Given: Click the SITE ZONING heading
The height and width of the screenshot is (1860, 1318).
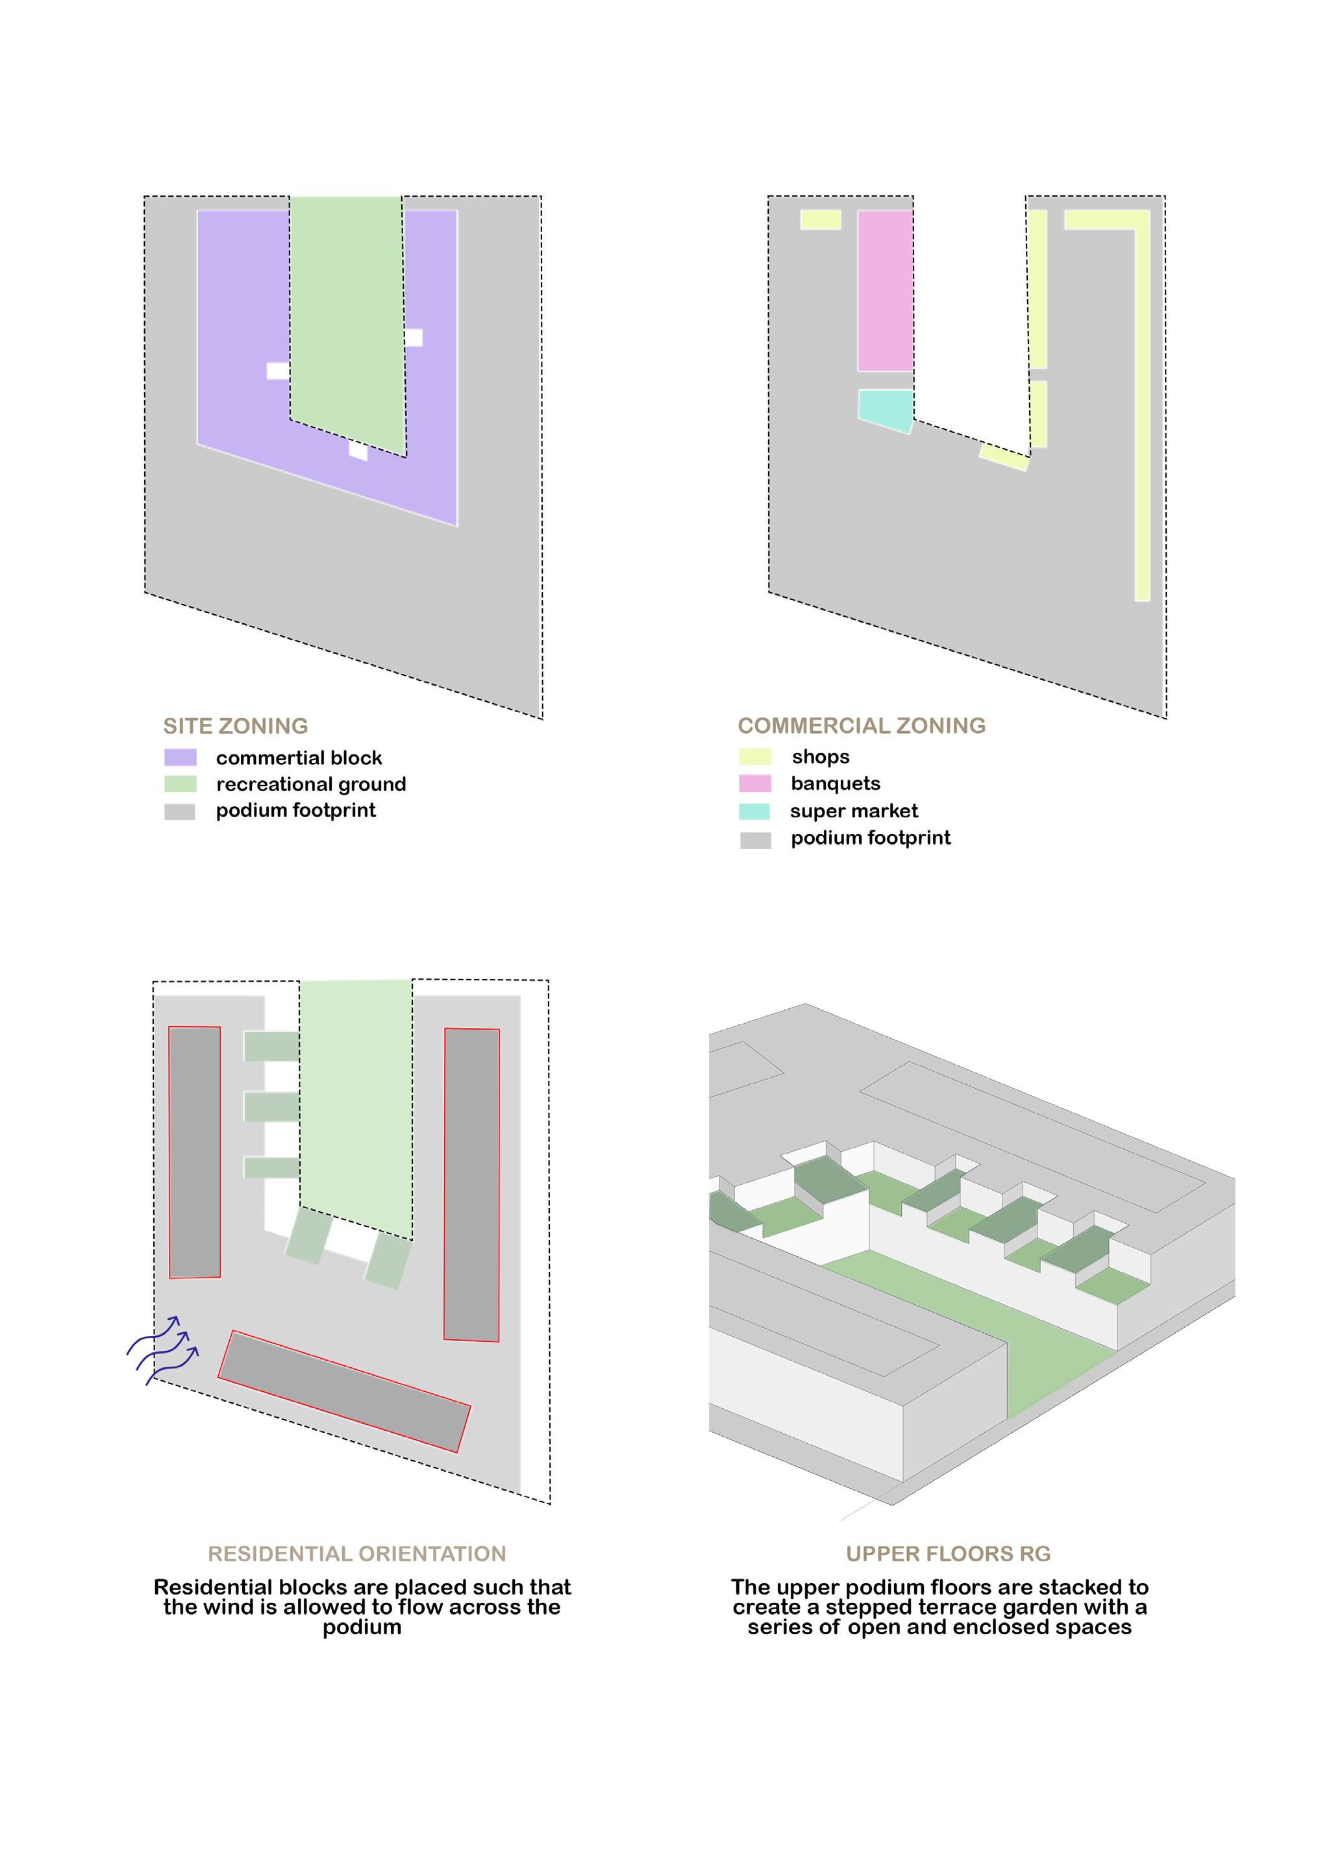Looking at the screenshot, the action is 235,726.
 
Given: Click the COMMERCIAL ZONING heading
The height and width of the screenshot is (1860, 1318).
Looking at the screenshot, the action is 861,726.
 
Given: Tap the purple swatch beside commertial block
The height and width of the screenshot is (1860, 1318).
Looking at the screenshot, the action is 180,757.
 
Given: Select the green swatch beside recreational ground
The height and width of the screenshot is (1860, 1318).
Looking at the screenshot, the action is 180,784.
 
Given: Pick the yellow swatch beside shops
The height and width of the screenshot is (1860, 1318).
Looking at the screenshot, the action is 754,756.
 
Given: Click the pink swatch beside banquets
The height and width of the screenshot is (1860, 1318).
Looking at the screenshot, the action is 754,783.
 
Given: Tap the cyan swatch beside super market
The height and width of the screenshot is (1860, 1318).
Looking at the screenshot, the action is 754,811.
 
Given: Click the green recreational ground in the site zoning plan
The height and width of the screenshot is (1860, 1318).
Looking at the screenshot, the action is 347,317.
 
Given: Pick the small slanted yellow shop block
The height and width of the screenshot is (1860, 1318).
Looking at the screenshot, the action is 1004,457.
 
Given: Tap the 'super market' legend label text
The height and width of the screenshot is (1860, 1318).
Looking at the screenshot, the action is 854,811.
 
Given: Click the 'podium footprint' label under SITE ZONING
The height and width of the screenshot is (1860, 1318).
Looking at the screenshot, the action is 295,810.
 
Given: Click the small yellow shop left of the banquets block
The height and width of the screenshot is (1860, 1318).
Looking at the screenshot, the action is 821,219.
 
